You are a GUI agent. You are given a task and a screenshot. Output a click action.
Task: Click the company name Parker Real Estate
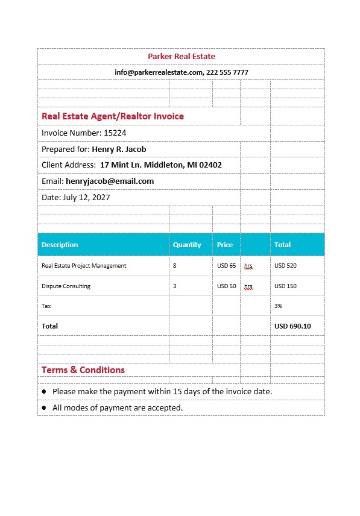tap(182, 57)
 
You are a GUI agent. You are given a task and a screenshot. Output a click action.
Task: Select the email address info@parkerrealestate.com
tap(159, 72)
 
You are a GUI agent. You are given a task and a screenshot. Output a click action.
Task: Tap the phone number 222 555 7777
tap(227, 72)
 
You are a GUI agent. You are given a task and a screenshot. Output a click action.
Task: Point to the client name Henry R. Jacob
tap(119, 149)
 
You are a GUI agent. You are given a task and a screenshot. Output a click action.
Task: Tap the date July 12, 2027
tap(86, 197)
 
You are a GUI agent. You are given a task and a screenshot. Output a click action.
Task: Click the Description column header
tap(60, 245)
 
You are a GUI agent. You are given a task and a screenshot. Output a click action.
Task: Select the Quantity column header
tap(187, 245)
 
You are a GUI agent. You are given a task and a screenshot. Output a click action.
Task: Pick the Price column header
tap(225, 245)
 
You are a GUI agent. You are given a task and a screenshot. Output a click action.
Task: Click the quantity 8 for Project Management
tap(175, 265)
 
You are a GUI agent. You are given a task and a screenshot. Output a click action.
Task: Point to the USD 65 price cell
tap(227, 265)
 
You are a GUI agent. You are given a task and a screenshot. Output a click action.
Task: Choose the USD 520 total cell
tap(285, 265)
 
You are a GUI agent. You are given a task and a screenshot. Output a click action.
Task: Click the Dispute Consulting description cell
tap(66, 286)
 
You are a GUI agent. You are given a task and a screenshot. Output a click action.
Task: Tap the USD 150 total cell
tap(285, 286)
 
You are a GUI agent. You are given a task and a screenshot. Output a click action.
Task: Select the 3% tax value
tap(279, 306)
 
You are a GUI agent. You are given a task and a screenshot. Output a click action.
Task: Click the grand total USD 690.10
tap(292, 326)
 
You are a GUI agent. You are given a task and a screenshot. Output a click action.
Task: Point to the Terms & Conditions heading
tap(83, 370)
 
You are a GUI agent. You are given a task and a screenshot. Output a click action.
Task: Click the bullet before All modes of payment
tap(44, 408)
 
